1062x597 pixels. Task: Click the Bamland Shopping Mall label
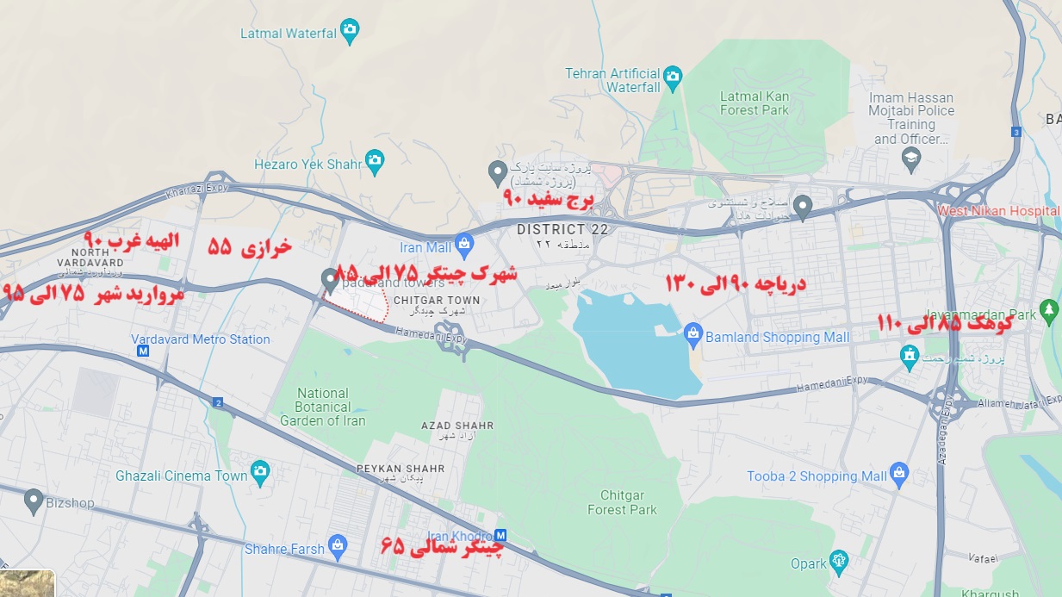(x=777, y=337)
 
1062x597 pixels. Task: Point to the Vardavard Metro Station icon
(x=143, y=351)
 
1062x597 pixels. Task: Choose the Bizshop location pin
(x=34, y=499)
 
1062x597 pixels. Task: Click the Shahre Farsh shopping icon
(x=338, y=546)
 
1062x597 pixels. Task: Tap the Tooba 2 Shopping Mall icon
(x=899, y=473)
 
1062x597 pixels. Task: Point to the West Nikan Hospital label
(x=997, y=210)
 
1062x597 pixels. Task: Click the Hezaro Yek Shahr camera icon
(x=374, y=161)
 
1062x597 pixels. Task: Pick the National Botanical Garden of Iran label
(x=322, y=407)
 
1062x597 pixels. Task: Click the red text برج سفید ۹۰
(x=549, y=200)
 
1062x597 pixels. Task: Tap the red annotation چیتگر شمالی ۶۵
(x=442, y=545)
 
